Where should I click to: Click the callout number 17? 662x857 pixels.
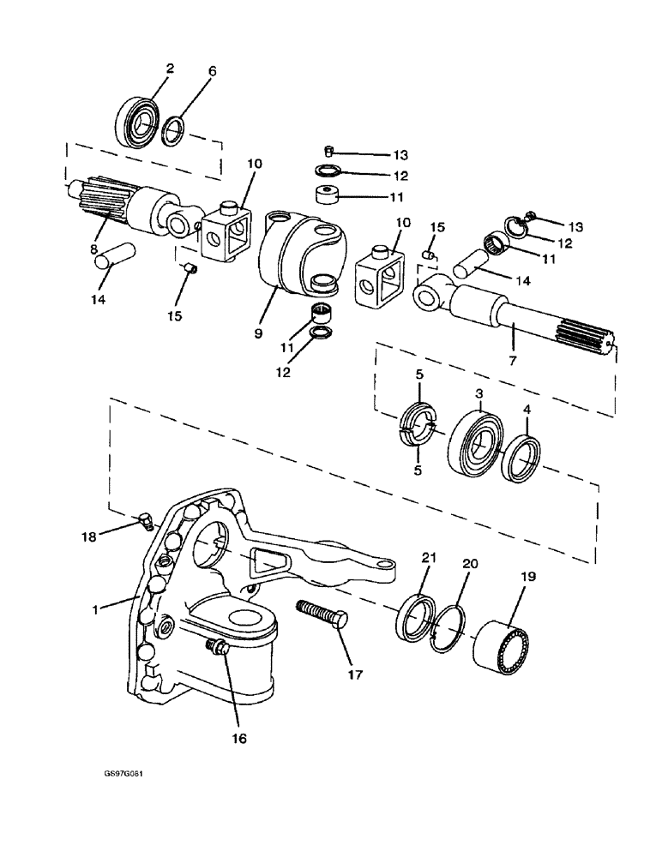(x=355, y=674)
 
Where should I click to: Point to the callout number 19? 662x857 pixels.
(x=528, y=577)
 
